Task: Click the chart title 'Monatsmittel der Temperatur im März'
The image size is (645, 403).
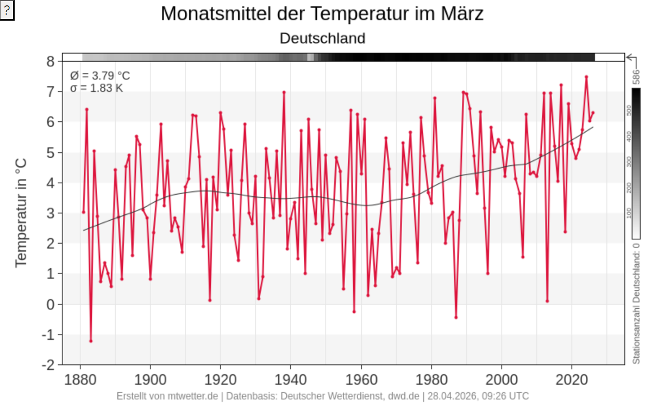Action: (x=322, y=14)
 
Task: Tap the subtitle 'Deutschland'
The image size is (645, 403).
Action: (x=322, y=39)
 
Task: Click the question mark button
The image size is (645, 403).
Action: (x=7, y=11)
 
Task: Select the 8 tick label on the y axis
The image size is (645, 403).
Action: (x=50, y=61)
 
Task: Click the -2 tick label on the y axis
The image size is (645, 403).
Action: (x=48, y=364)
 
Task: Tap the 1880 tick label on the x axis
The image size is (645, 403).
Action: (x=80, y=379)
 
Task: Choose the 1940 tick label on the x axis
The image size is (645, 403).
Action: (x=291, y=379)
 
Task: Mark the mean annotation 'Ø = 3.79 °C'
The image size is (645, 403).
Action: (x=100, y=76)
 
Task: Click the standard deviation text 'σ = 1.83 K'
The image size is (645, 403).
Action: (x=97, y=88)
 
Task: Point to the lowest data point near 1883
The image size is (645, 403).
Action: (x=91, y=341)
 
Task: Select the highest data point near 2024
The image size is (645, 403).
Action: (x=586, y=77)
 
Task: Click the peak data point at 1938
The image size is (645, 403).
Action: (x=284, y=92)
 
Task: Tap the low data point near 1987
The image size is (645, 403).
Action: (x=456, y=317)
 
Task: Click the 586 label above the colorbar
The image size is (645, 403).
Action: (x=636, y=76)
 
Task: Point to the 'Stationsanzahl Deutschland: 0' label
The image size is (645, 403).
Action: (x=636, y=302)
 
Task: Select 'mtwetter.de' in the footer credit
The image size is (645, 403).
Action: (x=193, y=396)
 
